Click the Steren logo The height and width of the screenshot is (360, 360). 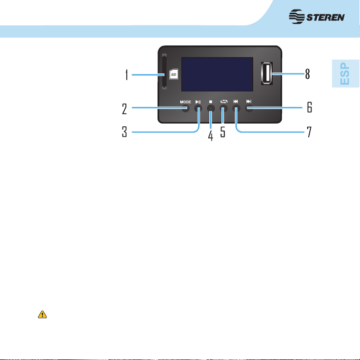tap(317, 17)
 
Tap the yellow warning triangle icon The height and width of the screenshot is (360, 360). tap(42, 315)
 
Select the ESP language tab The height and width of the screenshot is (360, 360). tap(345, 73)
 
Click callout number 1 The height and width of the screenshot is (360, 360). tap(126, 75)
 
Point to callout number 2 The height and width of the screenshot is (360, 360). tap(124, 108)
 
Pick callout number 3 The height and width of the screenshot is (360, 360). tap(124, 132)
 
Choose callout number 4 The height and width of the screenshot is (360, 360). tap(210, 135)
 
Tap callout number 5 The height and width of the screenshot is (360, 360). tap(223, 132)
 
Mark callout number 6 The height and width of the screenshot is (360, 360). tap(309, 107)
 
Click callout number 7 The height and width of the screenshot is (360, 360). tap(309, 132)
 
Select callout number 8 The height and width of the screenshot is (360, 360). tap(308, 74)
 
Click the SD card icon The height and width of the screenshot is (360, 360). tap(173, 75)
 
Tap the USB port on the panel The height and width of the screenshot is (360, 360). tap(267, 73)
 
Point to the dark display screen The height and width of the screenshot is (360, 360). tap(217, 74)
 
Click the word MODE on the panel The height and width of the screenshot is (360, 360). tap(185, 102)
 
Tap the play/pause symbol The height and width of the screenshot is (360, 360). tap(198, 101)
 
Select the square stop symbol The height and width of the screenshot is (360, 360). tap(210, 101)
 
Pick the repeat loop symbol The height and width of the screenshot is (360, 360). tap(224, 101)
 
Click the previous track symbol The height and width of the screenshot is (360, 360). tap(236, 101)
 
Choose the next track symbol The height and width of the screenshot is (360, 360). tap(248, 101)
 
